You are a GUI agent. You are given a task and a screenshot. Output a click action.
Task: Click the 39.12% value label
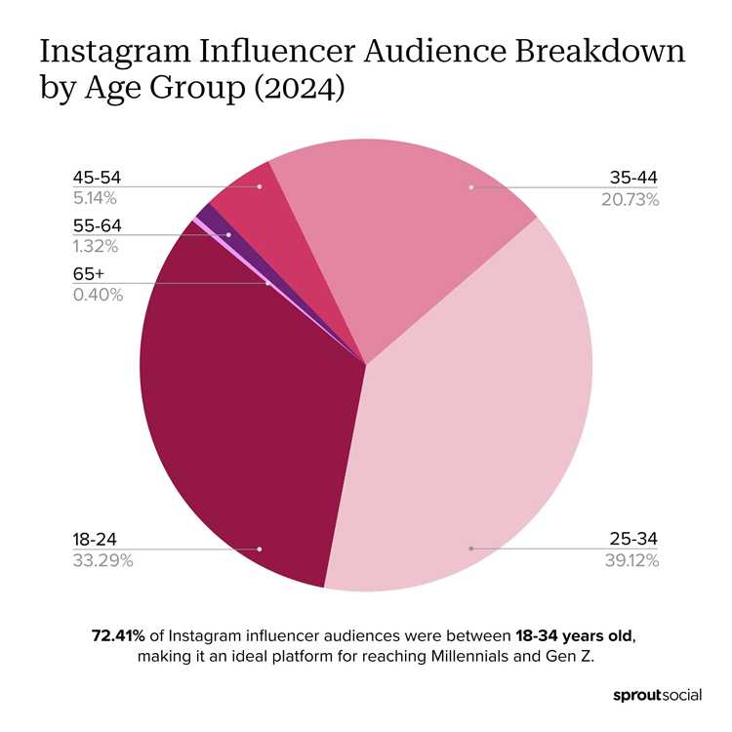click(631, 560)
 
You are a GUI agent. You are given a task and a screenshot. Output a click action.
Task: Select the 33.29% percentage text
click(102, 560)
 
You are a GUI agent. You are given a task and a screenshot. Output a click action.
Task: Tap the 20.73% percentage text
click(631, 199)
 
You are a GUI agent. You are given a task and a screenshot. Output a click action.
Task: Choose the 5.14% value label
click(96, 199)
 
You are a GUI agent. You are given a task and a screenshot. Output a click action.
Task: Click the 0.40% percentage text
click(98, 295)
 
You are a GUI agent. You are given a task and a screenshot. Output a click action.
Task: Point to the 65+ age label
click(88, 275)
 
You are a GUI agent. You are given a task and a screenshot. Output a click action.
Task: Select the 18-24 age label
click(96, 540)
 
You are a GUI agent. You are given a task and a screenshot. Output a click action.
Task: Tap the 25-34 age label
click(634, 540)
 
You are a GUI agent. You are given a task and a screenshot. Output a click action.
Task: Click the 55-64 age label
click(97, 226)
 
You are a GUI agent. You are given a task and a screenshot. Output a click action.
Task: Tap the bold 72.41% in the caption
click(118, 635)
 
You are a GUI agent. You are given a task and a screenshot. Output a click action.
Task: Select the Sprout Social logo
click(657, 696)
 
